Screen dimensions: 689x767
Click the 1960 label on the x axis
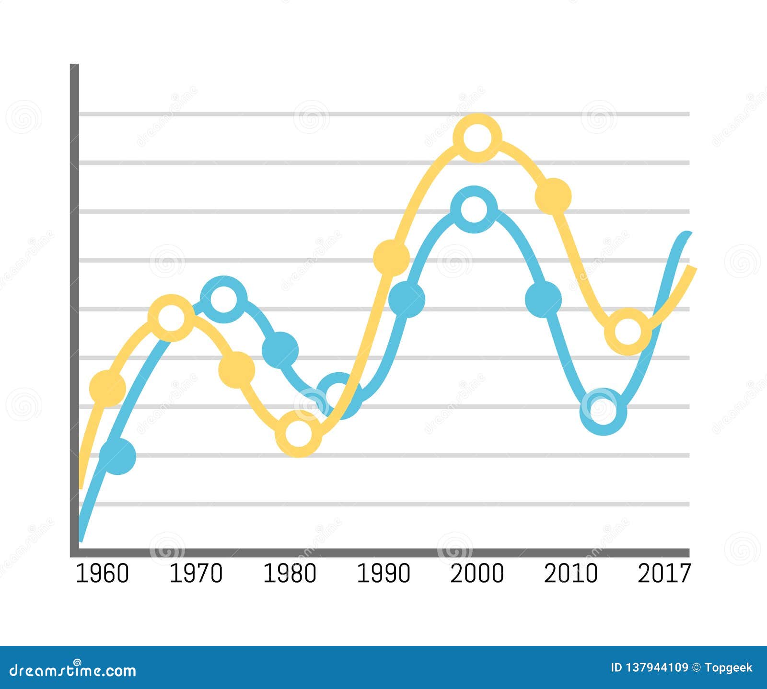(103, 574)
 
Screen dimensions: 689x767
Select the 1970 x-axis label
(196, 574)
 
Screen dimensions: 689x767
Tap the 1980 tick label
(290, 574)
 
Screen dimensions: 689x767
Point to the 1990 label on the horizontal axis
(383, 574)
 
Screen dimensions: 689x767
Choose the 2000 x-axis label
(477, 574)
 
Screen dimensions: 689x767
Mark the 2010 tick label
(570, 574)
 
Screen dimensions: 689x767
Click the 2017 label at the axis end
(664, 574)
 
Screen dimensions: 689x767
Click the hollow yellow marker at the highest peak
(477, 138)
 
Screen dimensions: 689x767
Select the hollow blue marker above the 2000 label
(474, 209)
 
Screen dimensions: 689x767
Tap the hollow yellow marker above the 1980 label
(298, 434)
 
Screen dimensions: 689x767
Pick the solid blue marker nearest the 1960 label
(117, 456)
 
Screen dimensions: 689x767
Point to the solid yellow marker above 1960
(107, 388)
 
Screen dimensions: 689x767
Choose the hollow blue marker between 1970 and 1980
(223, 299)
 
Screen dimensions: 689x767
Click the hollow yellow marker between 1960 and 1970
(171, 318)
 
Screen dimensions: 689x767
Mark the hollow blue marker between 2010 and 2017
(603, 411)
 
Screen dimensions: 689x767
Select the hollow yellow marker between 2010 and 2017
(628, 332)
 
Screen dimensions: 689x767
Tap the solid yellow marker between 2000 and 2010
(553, 196)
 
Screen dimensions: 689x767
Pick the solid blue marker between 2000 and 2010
(543, 299)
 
